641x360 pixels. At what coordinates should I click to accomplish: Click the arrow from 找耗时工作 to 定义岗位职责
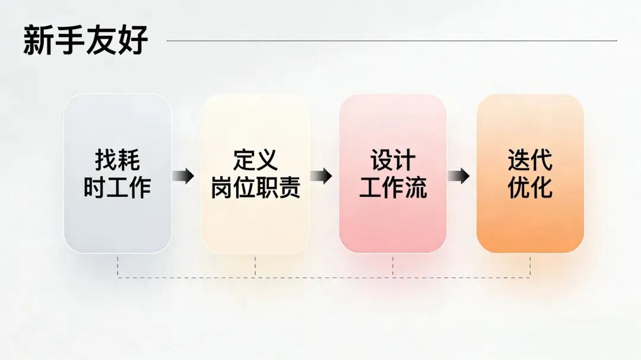(183, 176)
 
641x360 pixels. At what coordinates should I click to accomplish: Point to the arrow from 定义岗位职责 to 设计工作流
(321, 176)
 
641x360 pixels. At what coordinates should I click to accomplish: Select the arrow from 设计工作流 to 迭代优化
(458, 176)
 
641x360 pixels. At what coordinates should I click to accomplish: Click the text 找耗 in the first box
(118, 160)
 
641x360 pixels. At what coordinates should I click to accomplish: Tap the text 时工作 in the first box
(118, 188)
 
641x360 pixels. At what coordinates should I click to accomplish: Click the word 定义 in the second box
(255, 160)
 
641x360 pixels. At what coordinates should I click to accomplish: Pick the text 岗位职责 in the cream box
(255, 188)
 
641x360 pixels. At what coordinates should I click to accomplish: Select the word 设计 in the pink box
(393, 160)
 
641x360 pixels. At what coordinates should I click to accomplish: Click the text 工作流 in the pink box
(393, 188)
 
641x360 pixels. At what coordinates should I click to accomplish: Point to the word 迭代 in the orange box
(530, 160)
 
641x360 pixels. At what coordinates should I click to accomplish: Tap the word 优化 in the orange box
(530, 188)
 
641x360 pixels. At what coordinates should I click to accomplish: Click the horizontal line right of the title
(392, 41)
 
